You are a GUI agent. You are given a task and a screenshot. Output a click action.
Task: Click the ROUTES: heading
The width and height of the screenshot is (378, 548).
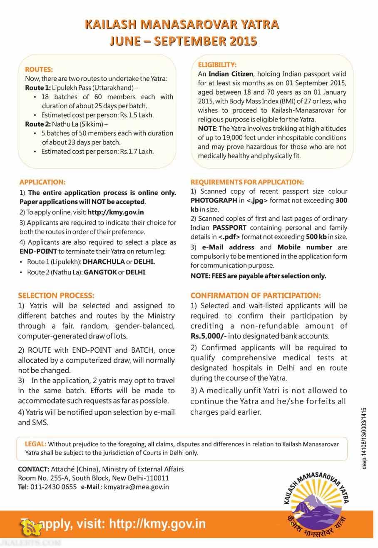tap(39, 69)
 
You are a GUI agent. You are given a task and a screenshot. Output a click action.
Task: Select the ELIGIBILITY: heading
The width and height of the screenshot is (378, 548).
tap(217, 65)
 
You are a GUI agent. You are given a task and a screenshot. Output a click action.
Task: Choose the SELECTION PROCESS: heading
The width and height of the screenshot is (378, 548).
tap(56, 295)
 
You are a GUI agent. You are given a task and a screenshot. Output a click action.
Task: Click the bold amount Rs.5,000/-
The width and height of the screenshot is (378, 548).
tap(207, 336)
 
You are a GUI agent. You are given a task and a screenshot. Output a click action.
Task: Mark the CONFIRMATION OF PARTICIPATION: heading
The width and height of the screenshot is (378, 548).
tap(256, 295)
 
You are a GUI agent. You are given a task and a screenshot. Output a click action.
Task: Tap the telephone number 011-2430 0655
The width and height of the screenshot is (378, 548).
tap(53, 487)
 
